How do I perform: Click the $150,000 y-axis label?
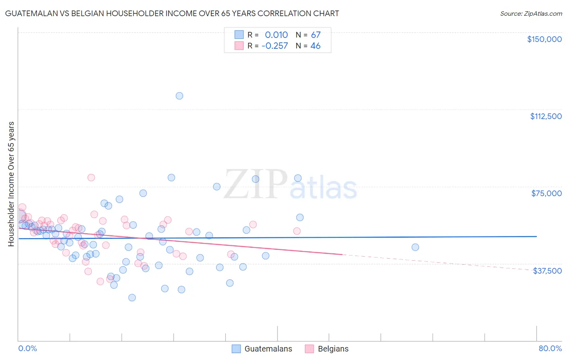544,39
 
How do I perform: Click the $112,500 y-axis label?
546,116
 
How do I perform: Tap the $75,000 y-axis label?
546,193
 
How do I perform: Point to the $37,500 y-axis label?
547,271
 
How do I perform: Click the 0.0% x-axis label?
27,348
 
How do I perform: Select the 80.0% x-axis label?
550,348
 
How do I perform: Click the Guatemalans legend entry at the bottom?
262,349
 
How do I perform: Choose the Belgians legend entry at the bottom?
327,349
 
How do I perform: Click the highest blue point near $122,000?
179,96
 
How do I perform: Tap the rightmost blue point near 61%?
415,247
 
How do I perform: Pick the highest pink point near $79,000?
91,178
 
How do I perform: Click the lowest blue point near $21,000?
132,297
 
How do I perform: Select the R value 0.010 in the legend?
276,35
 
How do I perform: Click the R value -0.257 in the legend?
275,46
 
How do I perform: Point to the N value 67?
315,35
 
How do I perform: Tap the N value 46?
315,46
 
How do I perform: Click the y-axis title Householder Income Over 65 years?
11,184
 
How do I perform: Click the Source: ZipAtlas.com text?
531,13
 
